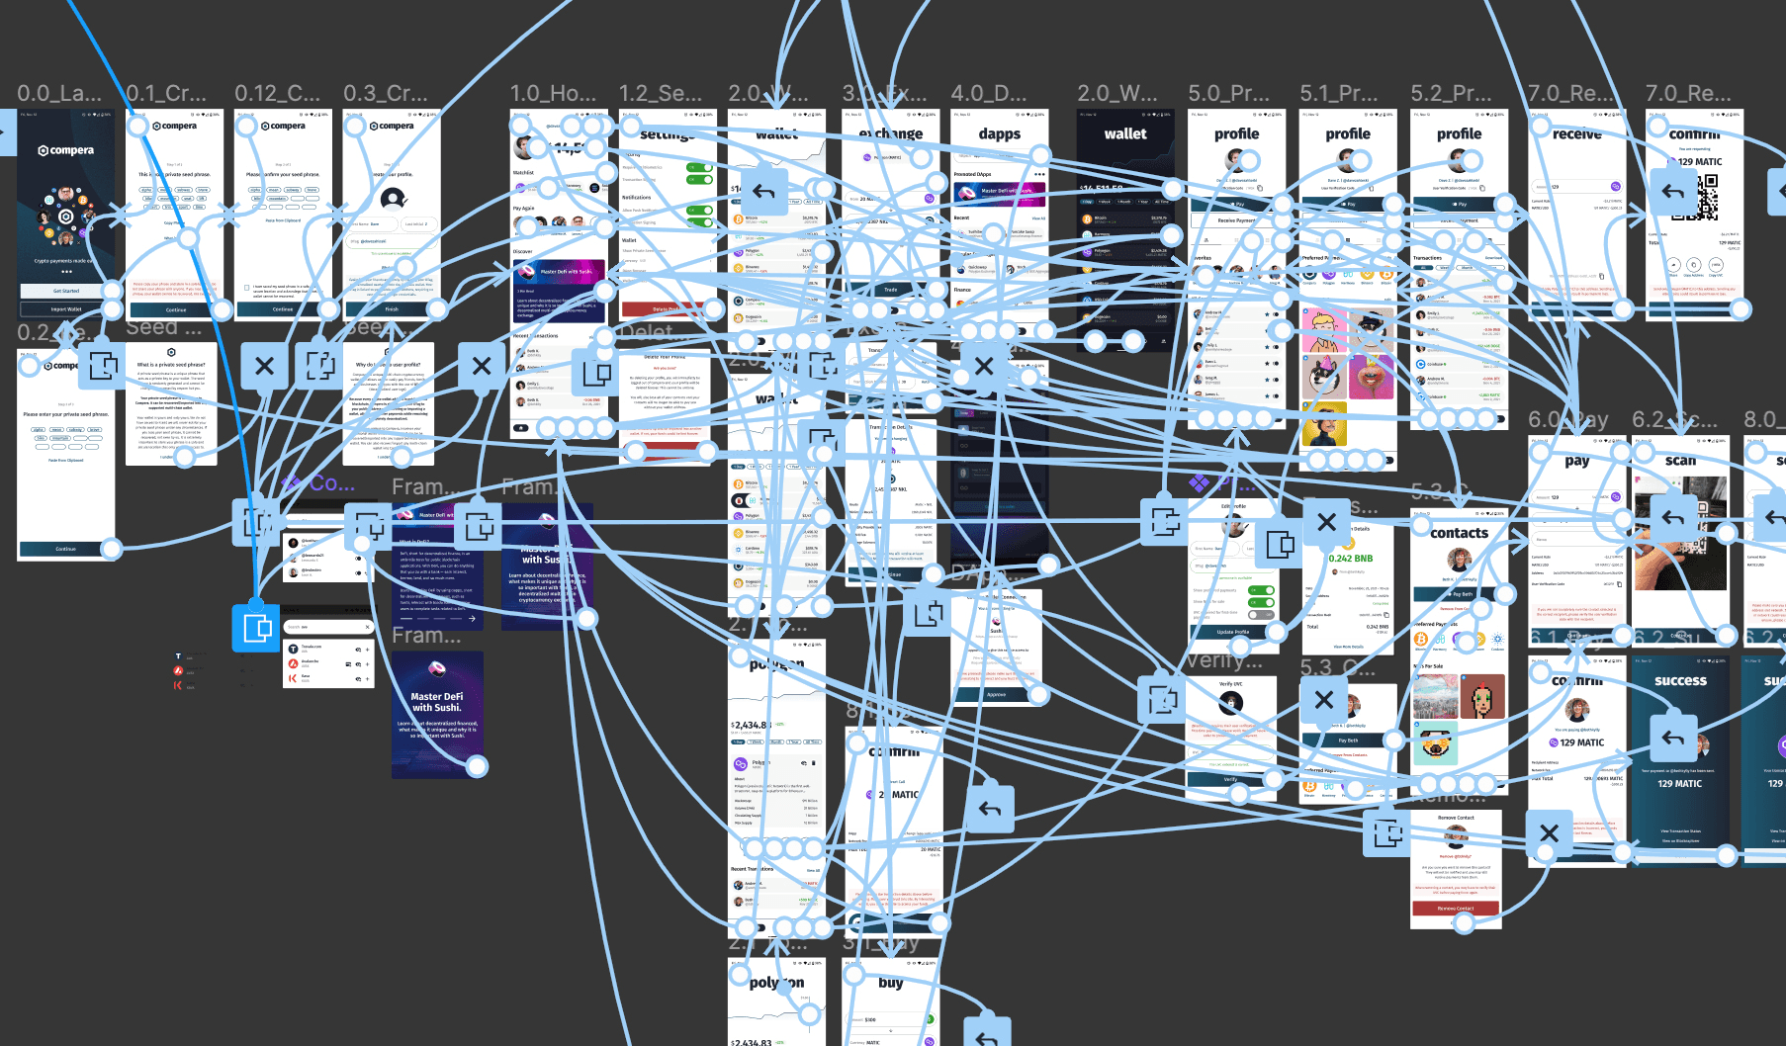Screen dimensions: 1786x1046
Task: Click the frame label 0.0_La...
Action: click(59, 94)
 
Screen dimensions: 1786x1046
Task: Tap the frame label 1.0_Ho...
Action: click(553, 94)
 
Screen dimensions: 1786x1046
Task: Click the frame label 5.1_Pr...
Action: click(1338, 94)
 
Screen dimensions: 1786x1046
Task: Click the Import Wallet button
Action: click(66, 308)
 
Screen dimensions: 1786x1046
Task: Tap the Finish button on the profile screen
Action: click(392, 308)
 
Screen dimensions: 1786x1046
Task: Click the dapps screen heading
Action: click(999, 134)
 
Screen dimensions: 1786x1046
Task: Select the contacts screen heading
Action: click(1459, 533)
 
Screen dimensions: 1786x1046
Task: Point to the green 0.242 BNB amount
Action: click(1351, 559)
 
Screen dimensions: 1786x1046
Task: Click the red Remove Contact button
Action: click(1456, 908)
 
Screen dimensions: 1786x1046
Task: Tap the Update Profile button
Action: click(1232, 632)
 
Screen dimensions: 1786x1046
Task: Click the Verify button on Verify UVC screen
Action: click(1230, 779)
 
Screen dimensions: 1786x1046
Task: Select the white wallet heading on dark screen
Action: click(1125, 134)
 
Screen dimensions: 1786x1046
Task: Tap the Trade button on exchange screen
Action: click(891, 290)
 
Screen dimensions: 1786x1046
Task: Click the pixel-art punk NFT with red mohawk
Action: click(1481, 696)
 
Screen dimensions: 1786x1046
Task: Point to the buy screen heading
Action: click(890, 983)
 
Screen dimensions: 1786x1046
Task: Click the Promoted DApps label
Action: click(973, 174)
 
